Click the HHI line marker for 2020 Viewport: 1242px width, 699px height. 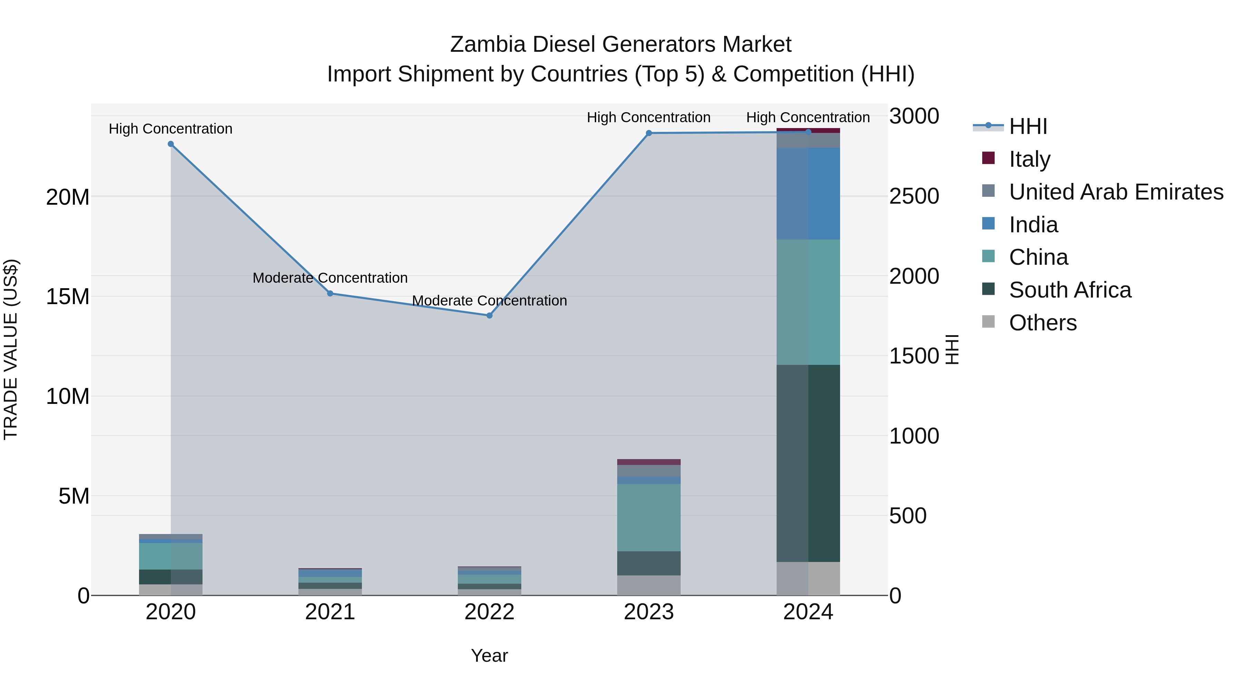pyautogui.click(x=171, y=144)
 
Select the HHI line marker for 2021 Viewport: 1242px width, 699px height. pyautogui.click(x=330, y=293)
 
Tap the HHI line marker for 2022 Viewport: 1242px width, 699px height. pyautogui.click(x=489, y=315)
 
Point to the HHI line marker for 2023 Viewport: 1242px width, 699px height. pyautogui.click(x=649, y=133)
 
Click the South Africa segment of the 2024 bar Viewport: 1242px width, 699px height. pyautogui.click(x=808, y=463)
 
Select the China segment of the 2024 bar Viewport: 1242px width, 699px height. pyautogui.click(x=808, y=302)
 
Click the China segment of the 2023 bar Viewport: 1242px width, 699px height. pyautogui.click(x=649, y=517)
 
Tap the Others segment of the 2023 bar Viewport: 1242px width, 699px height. pyautogui.click(x=649, y=585)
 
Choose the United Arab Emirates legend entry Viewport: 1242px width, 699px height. pyautogui.click(x=1116, y=192)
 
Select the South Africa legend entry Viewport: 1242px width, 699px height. pyautogui.click(x=1069, y=290)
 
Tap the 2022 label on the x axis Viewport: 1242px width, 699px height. pyautogui.click(x=489, y=612)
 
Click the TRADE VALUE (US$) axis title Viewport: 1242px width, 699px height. pyautogui.click(x=11, y=349)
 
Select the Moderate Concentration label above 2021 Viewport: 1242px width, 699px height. pyautogui.click(x=330, y=278)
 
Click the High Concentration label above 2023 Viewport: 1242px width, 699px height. pyautogui.click(x=649, y=117)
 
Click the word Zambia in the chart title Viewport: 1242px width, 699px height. pyautogui.click(x=487, y=45)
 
